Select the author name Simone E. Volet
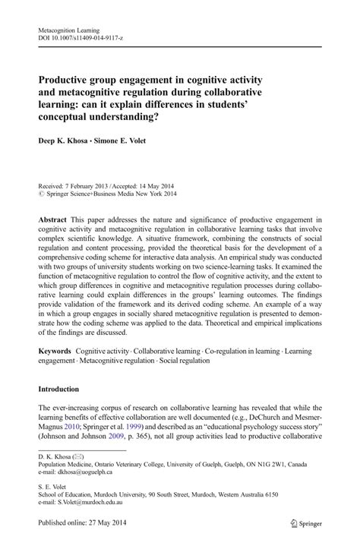(x=125, y=140)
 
